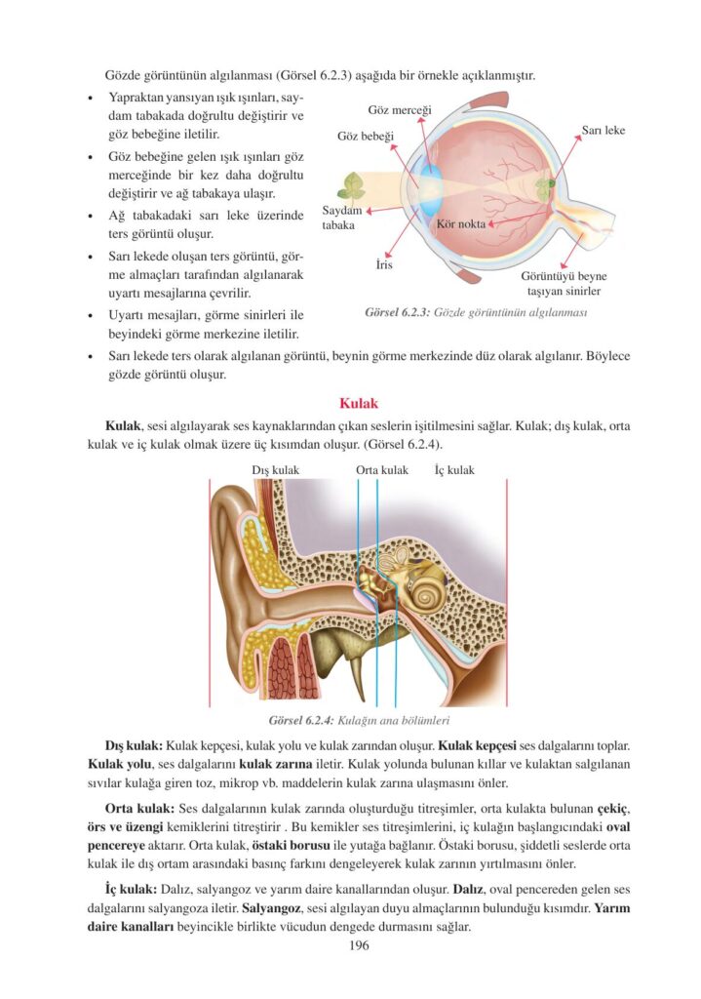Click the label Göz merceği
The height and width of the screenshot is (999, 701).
tap(400, 109)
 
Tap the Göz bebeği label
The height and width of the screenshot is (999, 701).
tap(365, 136)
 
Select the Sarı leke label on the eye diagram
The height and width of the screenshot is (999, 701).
tap(604, 130)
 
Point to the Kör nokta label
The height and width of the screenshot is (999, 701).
tap(462, 223)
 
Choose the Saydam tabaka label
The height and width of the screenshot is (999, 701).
tap(342, 218)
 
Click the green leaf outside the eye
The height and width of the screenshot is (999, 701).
tap(351, 186)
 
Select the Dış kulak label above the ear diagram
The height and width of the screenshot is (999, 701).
tap(275, 470)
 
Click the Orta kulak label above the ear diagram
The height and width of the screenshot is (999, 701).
tap(382, 470)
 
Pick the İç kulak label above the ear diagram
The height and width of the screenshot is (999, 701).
tap(454, 470)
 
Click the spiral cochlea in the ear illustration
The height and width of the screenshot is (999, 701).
tap(427, 590)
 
